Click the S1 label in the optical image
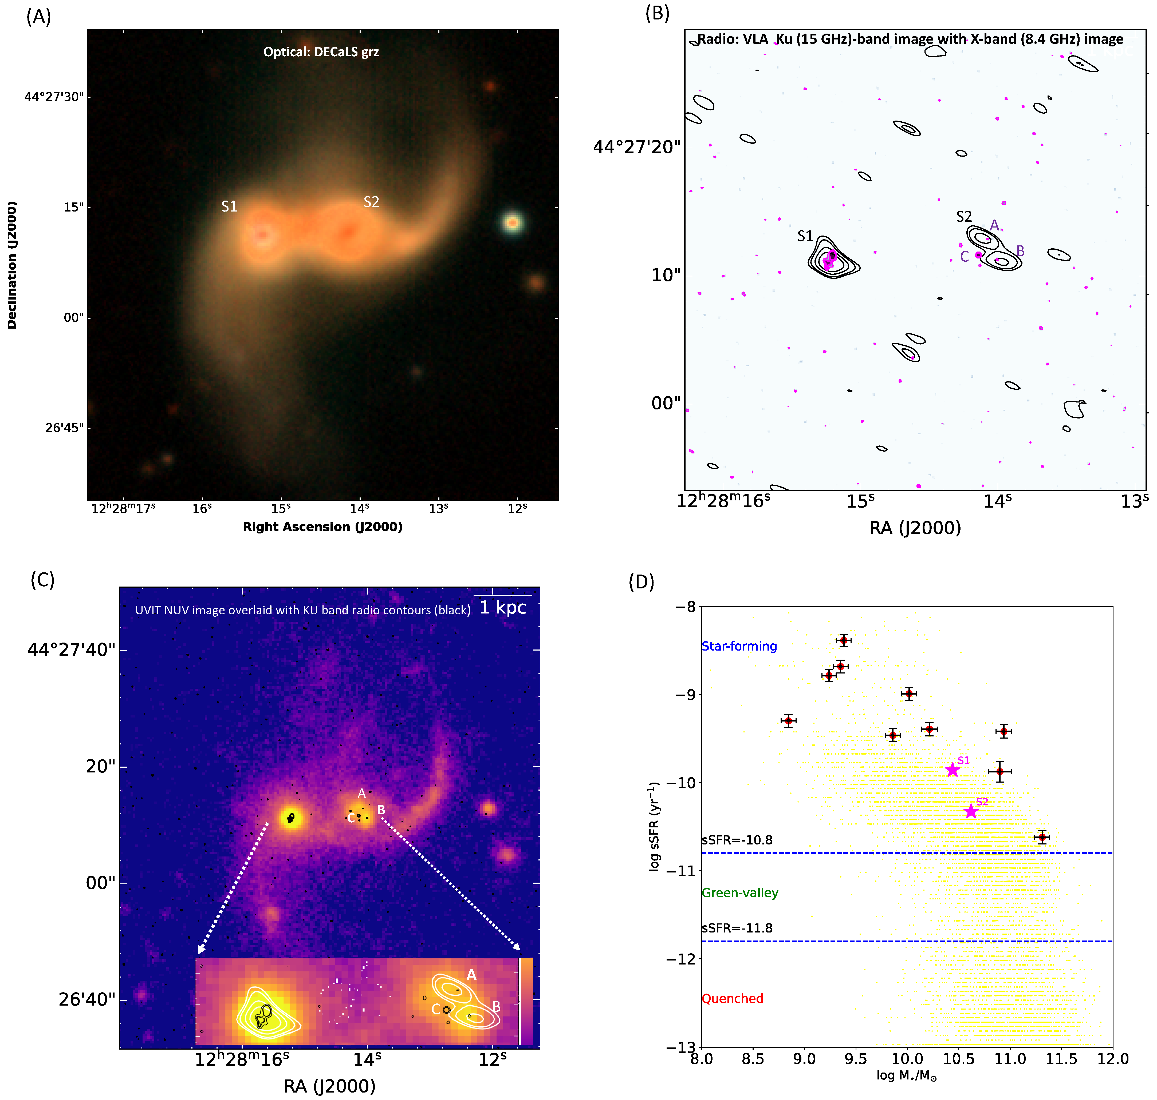coord(229,206)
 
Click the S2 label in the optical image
coord(371,202)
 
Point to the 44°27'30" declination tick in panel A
coord(54,97)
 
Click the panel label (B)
coord(657,13)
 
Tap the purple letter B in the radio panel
coord(1020,251)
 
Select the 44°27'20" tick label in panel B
coord(637,147)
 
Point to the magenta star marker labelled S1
coord(952,770)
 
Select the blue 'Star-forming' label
coord(739,646)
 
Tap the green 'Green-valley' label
coord(740,893)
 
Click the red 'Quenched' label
coord(732,999)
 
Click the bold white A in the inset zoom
coord(471,975)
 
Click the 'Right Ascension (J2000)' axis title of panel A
coord(323,527)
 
